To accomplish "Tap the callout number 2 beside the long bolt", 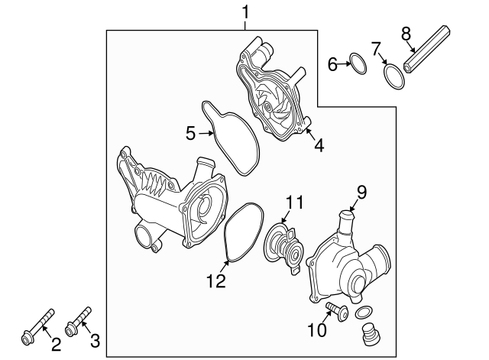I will coord(55,344).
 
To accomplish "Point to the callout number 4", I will coord(319,143).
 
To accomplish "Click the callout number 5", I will coord(191,134).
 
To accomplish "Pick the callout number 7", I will coord(377,49).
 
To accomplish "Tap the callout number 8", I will coord(406,33).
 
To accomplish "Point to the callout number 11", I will coord(295,203).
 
